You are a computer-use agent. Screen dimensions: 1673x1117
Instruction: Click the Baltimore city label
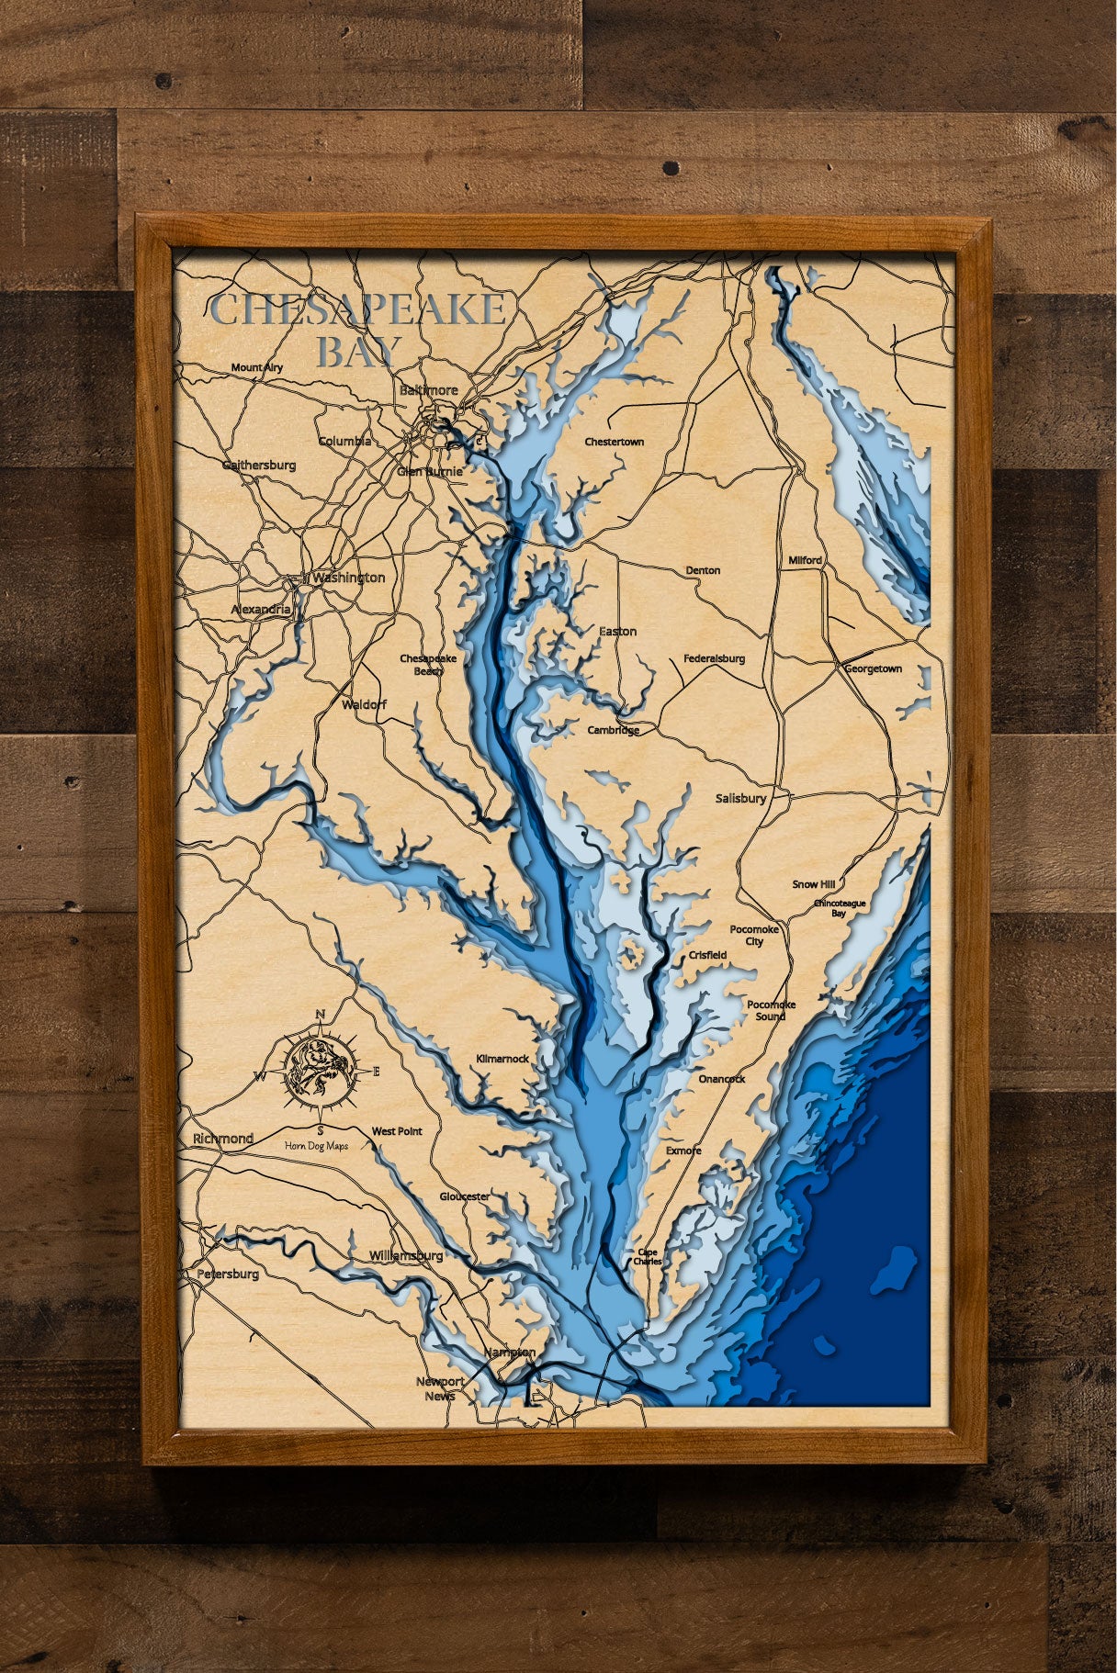point(428,390)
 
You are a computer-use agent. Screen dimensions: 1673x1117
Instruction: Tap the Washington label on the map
point(348,578)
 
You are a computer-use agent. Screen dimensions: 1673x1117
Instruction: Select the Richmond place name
point(222,1139)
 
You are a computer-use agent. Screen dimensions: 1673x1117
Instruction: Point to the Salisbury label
point(740,799)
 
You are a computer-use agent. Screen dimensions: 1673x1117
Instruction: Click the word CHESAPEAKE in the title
point(358,310)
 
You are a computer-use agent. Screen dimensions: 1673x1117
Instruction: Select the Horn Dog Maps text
point(316,1146)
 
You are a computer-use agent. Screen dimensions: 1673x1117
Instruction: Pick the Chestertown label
point(614,442)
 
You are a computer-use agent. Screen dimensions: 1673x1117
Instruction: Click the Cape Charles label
point(647,1257)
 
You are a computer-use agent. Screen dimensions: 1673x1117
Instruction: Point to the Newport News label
point(440,1388)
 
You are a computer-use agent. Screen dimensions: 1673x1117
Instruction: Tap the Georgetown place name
point(873,669)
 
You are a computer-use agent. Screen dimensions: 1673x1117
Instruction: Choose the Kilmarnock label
point(502,1059)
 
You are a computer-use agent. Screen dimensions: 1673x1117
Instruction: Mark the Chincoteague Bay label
point(840,908)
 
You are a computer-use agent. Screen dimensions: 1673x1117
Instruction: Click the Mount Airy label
point(257,367)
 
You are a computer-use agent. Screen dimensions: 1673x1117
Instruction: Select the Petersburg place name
point(228,1274)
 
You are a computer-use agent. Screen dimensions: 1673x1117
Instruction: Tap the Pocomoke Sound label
point(771,1010)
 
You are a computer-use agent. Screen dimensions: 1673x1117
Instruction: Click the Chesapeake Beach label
point(428,664)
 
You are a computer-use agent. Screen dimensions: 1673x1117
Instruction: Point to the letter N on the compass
point(320,1014)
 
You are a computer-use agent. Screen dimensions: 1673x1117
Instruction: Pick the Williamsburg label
point(405,1255)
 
